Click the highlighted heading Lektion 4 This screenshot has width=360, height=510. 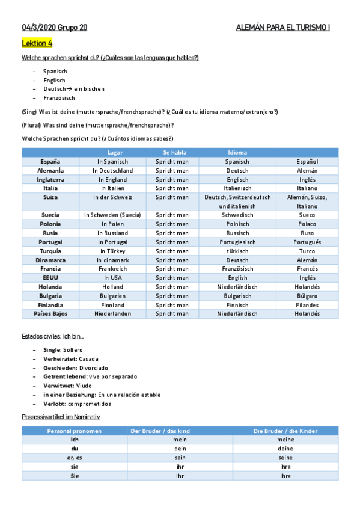pos(37,43)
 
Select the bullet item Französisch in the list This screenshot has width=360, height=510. pos(59,97)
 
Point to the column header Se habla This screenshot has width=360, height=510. pos(174,152)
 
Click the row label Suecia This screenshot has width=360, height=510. pos(50,215)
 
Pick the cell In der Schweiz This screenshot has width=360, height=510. pos(112,197)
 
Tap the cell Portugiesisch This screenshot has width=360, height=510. pos(237,242)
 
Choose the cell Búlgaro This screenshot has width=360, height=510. pos(307,296)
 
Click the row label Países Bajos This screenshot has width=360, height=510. pos(50,313)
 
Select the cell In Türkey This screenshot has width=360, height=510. pos(112,251)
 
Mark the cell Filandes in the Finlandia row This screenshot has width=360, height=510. pos(307,305)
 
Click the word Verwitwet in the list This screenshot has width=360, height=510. pos(59,386)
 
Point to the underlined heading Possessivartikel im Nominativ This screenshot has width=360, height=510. pos(61,416)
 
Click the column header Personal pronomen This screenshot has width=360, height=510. pos(75,431)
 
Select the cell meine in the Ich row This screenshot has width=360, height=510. pos(285,440)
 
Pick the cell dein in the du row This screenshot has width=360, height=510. pos(180,449)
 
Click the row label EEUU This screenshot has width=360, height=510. pos(50,278)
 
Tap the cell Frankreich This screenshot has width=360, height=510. pos(112,269)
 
